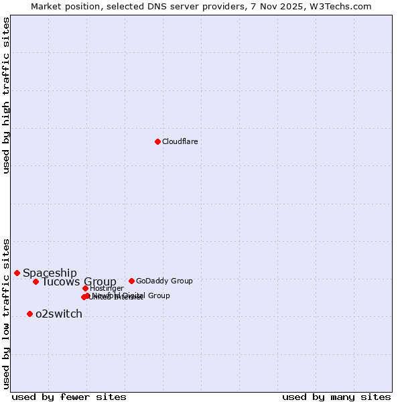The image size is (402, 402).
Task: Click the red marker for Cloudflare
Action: click(x=157, y=141)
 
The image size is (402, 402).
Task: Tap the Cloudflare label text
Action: click(x=180, y=141)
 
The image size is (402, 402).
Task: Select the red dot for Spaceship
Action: click(x=17, y=273)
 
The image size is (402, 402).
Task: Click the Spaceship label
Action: click(x=50, y=273)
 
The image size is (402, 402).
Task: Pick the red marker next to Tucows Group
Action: click(x=36, y=281)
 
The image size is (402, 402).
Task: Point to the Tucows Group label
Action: click(x=78, y=281)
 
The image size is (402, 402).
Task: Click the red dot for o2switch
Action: click(x=29, y=314)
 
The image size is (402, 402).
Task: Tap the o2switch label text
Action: click(x=58, y=314)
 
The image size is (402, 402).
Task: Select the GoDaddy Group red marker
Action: click(x=131, y=281)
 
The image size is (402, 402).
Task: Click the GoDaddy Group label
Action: click(x=163, y=281)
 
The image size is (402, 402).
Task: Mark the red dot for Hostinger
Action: click(x=85, y=288)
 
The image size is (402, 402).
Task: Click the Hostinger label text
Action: click(x=107, y=288)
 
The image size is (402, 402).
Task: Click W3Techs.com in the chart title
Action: click(x=344, y=6)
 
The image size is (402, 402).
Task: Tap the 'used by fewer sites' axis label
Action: click(x=69, y=397)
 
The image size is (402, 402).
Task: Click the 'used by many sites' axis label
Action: click(x=336, y=397)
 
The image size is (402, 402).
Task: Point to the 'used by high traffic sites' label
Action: click(x=6, y=95)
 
